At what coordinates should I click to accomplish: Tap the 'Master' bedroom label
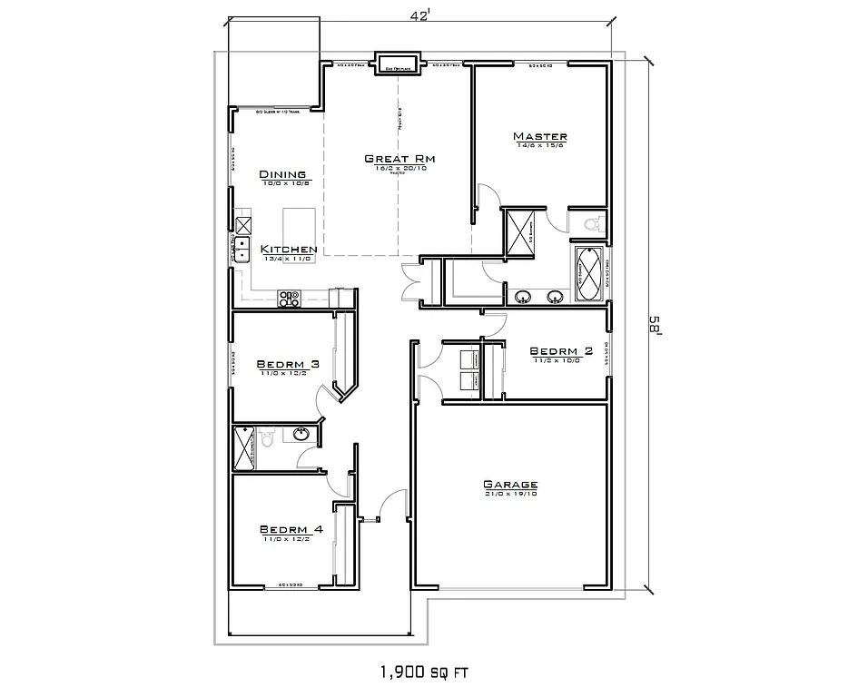coord(540,136)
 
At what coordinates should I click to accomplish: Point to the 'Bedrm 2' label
coord(560,351)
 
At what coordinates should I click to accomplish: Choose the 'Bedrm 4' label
coord(291,530)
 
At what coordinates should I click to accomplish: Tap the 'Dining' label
coord(282,174)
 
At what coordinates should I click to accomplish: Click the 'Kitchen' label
coord(289,249)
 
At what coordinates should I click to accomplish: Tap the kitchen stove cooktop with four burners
coord(290,297)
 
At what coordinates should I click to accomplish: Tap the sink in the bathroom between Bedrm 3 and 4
coord(301,434)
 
